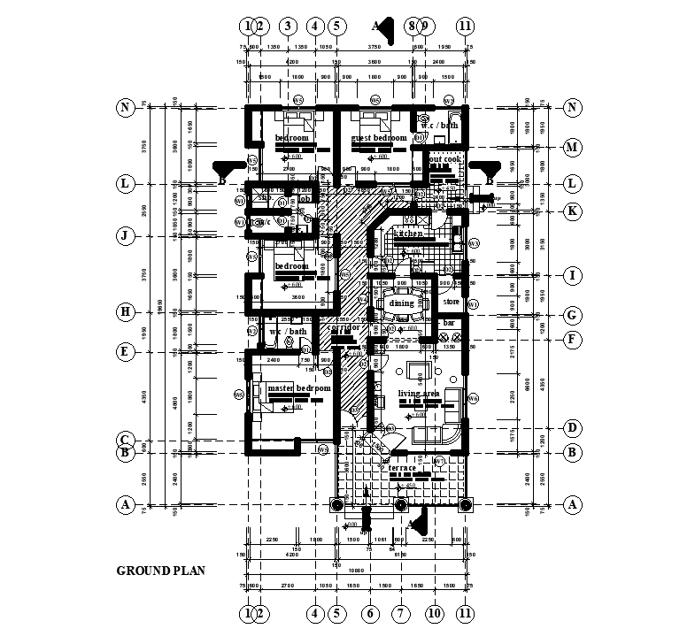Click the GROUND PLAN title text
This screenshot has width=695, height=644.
[x=161, y=571]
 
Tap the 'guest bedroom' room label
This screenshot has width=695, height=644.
[x=378, y=138]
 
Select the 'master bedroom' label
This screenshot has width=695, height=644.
[x=298, y=388]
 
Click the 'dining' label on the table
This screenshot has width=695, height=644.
[x=401, y=303]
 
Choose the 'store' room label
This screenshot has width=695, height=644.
[x=452, y=302]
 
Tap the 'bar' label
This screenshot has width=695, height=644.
[x=448, y=324]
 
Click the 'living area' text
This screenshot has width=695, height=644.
[x=419, y=394]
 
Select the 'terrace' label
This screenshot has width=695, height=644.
[x=414, y=467]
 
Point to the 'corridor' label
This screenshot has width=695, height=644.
[x=343, y=327]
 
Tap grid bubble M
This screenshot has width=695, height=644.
[x=572, y=147]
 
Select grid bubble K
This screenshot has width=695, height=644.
[x=572, y=211]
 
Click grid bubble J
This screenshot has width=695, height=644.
[x=126, y=235]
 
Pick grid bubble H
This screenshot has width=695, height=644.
[x=126, y=311]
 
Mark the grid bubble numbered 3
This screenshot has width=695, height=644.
[x=286, y=26]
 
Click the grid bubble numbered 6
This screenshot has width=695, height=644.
[x=372, y=613]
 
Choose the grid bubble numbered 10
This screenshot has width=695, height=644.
[x=434, y=613]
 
